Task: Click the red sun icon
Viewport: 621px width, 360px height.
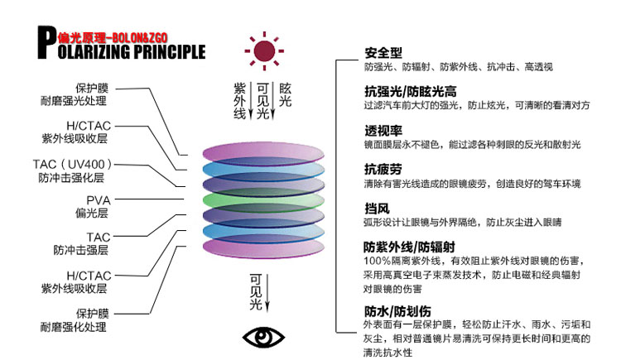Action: pyautogui.click(x=263, y=51)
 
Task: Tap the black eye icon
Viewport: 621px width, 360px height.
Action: pyautogui.click(x=262, y=337)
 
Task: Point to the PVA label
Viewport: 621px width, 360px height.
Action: pyautogui.click(x=98, y=200)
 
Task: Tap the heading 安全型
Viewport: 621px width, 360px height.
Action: pyautogui.click(x=383, y=54)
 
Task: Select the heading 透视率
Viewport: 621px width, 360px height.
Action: pyautogui.click(x=383, y=131)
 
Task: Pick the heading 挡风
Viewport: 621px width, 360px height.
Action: pyautogui.click(x=376, y=208)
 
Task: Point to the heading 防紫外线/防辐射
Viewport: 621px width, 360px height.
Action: pyautogui.click(x=409, y=247)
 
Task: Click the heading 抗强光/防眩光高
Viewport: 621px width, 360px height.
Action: pyautogui.click(x=411, y=92)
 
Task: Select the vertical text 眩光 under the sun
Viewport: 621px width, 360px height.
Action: pyautogui.click(x=286, y=94)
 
